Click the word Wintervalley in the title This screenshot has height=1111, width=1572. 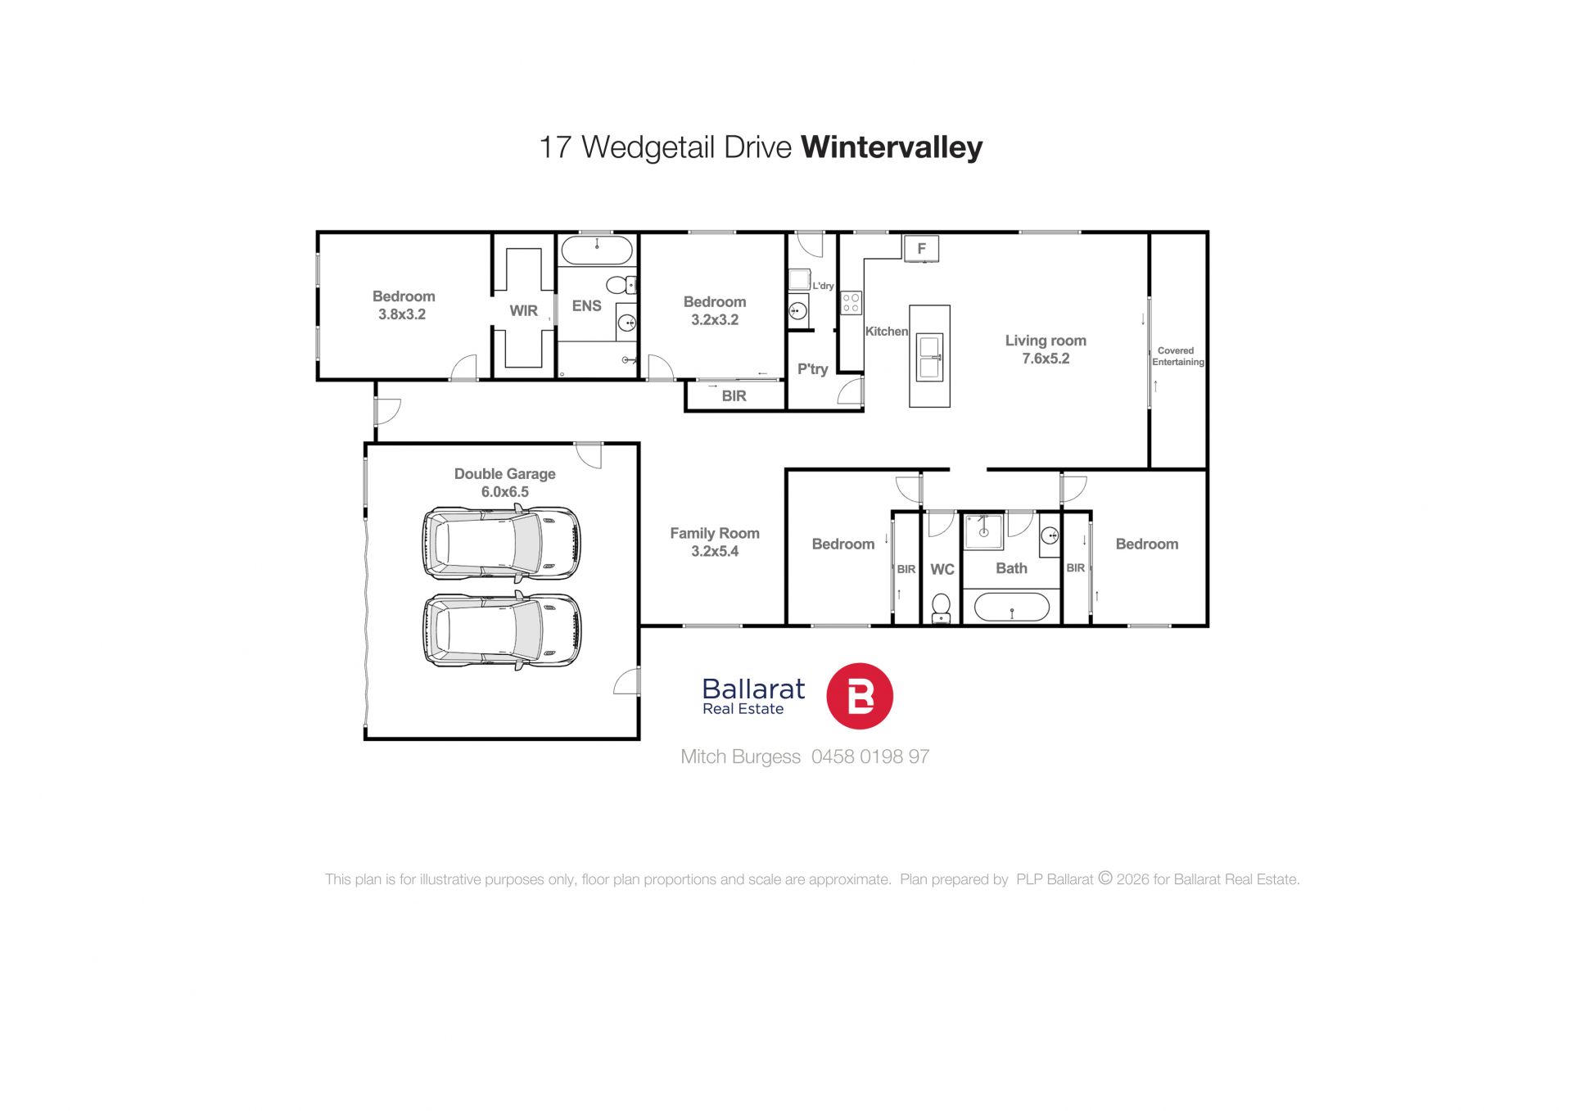pyautogui.click(x=892, y=147)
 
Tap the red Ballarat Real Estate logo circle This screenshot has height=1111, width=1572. pyautogui.click(x=859, y=696)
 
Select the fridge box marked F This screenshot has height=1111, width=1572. pyautogui.click(x=921, y=248)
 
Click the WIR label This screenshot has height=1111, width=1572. pyautogui.click(x=523, y=311)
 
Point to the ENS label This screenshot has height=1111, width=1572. pyautogui.click(x=586, y=306)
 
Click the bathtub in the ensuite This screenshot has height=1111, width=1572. pyautogui.click(x=597, y=251)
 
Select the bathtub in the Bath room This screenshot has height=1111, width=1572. pyautogui.click(x=1012, y=607)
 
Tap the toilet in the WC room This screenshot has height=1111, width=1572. pyautogui.click(x=942, y=607)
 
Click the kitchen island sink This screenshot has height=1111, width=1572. pyautogui.click(x=929, y=357)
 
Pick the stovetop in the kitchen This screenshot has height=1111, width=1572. pyautogui.click(x=851, y=303)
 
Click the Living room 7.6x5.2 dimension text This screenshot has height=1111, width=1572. pyautogui.click(x=1046, y=359)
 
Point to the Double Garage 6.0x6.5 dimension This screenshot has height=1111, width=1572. pyautogui.click(x=504, y=492)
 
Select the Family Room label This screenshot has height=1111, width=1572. pyautogui.click(x=715, y=533)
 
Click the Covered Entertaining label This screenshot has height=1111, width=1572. pyautogui.click(x=1178, y=356)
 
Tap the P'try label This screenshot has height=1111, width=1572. pyautogui.click(x=813, y=369)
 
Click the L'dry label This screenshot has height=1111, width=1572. pyautogui.click(x=823, y=286)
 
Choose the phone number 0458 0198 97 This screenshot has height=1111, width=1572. pyautogui.click(x=870, y=756)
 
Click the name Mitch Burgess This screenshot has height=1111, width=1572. pyautogui.click(x=740, y=757)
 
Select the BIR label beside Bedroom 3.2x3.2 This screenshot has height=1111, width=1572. pyautogui.click(x=734, y=396)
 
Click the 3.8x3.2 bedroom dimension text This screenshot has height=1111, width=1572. pyautogui.click(x=402, y=314)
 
